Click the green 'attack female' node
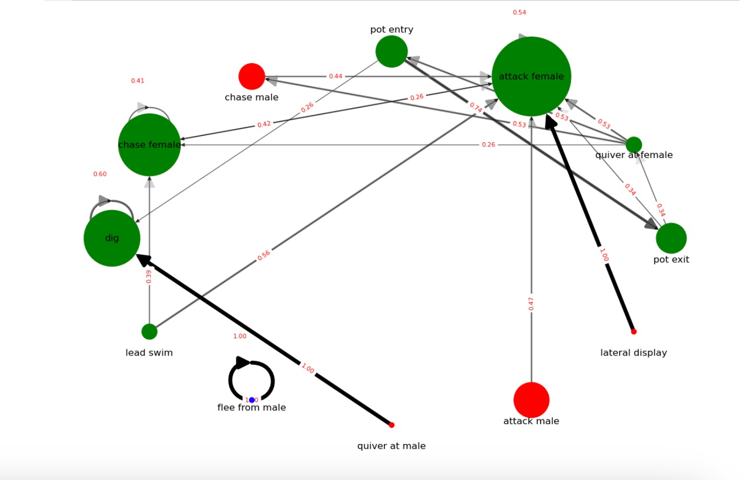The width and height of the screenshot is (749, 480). tap(531, 76)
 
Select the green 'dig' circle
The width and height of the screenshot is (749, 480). tap(112, 238)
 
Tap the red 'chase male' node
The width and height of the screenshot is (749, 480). tap(252, 76)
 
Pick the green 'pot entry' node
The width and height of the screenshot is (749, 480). tap(391, 51)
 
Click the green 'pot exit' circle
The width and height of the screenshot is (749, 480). tap(671, 238)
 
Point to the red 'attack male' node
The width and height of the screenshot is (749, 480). tap(531, 399)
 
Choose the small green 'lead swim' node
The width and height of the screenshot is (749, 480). tap(149, 332)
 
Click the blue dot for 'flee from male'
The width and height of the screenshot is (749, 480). tap(252, 400)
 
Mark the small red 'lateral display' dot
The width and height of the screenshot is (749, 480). tap(634, 332)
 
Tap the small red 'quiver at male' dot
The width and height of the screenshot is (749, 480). tap(392, 425)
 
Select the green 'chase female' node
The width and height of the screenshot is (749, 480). tap(149, 145)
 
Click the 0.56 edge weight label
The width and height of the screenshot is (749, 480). tap(264, 255)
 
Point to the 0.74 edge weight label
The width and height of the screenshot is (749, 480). tap(476, 107)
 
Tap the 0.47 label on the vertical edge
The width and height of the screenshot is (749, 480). tap(531, 304)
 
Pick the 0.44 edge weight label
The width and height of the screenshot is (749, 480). tap(335, 76)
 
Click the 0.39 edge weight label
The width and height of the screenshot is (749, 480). tap(149, 277)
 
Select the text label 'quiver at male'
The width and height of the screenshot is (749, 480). tap(391, 446)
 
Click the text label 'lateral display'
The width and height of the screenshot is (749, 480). tap(634, 353)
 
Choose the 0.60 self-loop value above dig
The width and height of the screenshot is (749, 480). tap(100, 174)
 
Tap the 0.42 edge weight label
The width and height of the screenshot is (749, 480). tap(264, 124)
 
